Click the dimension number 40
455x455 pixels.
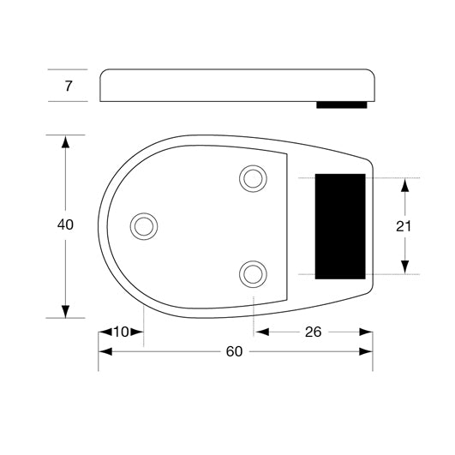(x=65, y=225)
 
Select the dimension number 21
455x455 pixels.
(x=404, y=226)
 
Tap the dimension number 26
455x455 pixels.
(x=313, y=332)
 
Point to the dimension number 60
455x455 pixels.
(x=234, y=352)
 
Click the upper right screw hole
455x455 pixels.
(x=252, y=178)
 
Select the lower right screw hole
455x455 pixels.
(x=252, y=273)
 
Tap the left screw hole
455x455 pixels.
(x=144, y=225)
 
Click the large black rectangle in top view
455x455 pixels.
(x=341, y=225)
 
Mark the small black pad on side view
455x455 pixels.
(x=342, y=105)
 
